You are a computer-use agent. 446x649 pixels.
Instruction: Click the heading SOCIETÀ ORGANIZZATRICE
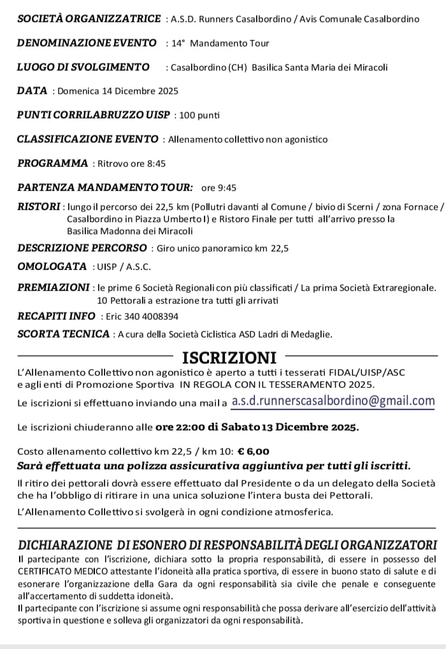pos(89,18)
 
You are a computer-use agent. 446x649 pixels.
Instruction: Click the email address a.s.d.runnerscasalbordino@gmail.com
pos(333,401)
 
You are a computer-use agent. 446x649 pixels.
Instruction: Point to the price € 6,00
pos(254,451)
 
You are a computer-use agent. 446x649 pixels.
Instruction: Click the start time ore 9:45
pos(219,188)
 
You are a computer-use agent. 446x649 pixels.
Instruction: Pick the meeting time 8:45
pos(156,164)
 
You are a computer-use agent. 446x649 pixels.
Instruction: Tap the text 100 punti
pos(200,115)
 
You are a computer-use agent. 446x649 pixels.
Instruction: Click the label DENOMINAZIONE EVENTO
pos(87,43)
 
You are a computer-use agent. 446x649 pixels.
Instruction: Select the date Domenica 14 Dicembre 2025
pos(118,91)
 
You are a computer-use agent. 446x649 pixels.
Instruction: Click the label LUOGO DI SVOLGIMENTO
pos(83,67)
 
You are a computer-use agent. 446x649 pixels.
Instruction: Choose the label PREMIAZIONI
pos(54,288)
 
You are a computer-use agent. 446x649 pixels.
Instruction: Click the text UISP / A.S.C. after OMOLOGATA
pos(122,266)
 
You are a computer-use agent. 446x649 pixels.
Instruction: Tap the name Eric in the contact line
pos(111,316)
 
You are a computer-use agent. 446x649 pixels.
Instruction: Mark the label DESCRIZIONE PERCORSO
pos(82,248)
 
